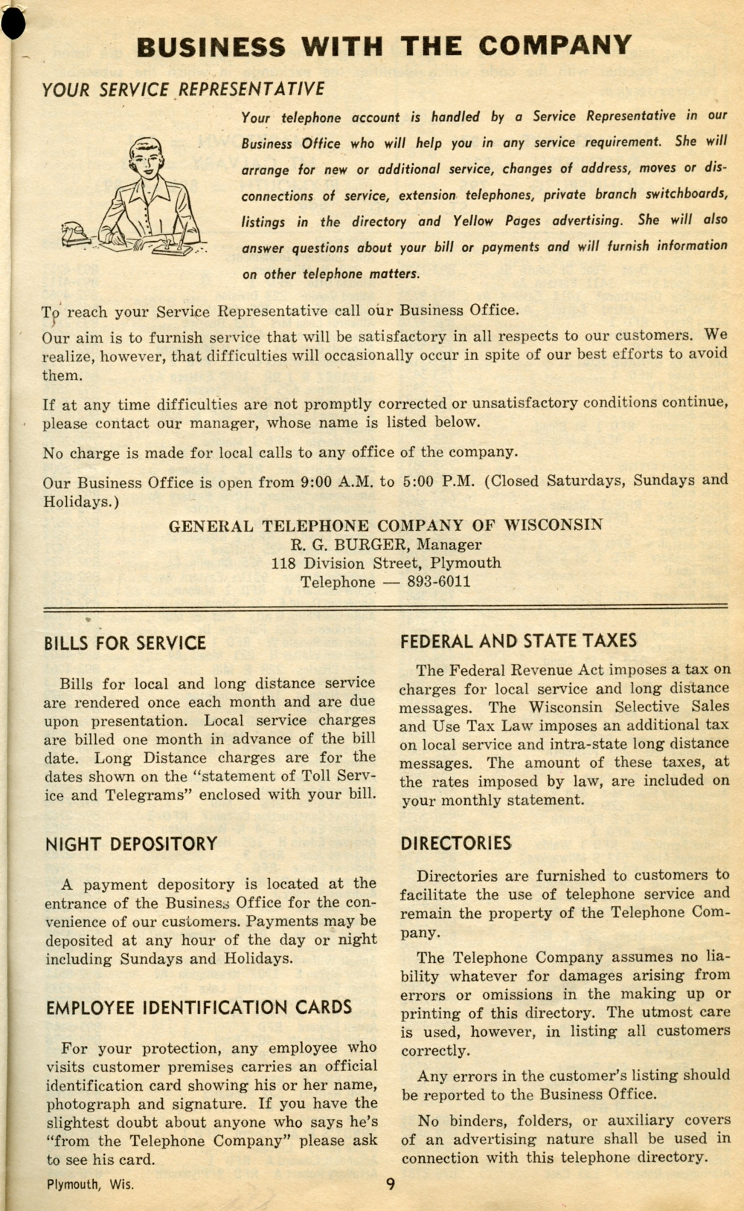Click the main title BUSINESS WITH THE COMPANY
tap(383, 46)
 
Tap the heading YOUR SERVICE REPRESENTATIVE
tap(183, 90)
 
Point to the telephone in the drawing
tap(76, 233)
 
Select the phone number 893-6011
tap(438, 581)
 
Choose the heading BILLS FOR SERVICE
tap(125, 643)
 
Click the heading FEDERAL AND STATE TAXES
tap(519, 641)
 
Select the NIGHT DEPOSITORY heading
tap(132, 844)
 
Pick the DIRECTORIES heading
tap(456, 843)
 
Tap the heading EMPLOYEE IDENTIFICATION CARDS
tap(199, 1008)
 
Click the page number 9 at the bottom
tap(391, 1184)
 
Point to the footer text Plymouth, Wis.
tap(91, 1184)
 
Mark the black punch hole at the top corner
tap(13, 24)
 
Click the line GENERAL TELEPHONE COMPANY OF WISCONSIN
tap(385, 526)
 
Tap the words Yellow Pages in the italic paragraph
tap(496, 221)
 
